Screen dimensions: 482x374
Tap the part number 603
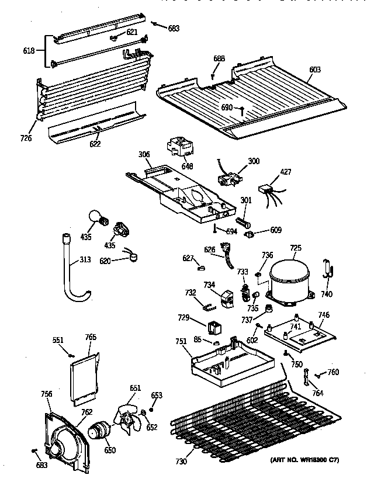coord(314,70)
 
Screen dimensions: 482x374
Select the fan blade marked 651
coord(128,417)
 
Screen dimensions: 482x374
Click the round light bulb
coord(95,217)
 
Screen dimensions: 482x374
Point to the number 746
coord(323,315)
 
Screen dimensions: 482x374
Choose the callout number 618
coord(29,51)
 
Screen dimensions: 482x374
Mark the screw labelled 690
coord(241,109)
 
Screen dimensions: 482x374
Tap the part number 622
coord(95,144)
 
